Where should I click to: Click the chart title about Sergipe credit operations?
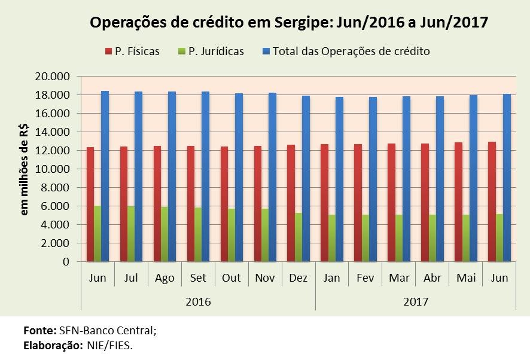(x=289, y=23)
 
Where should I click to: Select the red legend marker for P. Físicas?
(x=108, y=51)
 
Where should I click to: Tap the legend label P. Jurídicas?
(x=216, y=51)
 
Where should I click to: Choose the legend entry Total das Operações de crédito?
(x=351, y=51)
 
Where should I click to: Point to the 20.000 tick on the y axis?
(x=53, y=77)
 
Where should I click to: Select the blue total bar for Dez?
(x=306, y=178)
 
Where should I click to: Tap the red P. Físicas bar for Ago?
(x=157, y=203)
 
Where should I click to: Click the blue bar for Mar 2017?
(x=406, y=178)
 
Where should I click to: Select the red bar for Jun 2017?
(x=492, y=202)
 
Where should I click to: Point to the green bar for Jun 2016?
(x=98, y=234)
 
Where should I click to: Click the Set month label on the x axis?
(x=198, y=279)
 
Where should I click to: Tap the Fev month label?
(x=365, y=279)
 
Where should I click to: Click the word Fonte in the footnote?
(x=39, y=330)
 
